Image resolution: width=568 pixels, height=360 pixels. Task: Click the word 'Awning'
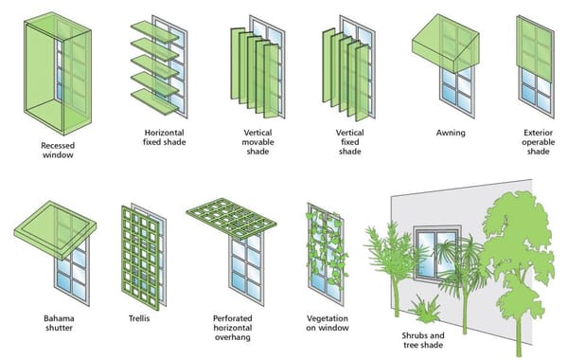click(450, 132)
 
